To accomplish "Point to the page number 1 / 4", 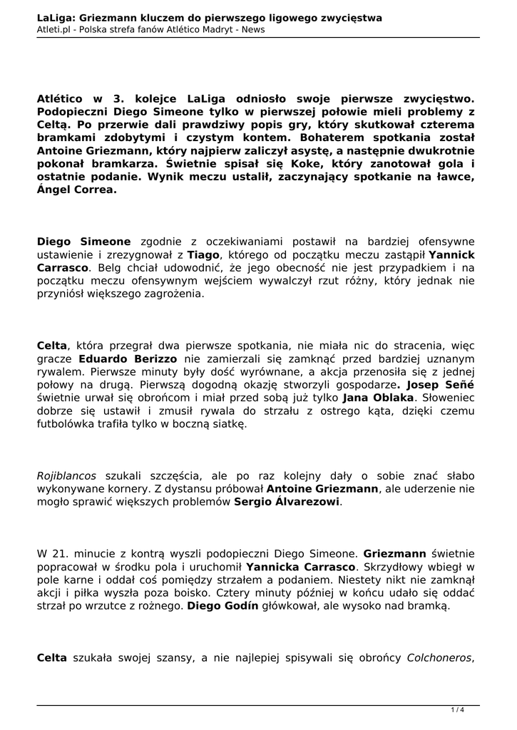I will (457, 709).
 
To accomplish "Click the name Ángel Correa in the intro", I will (76, 190).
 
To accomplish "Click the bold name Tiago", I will (203, 255).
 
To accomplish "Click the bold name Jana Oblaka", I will (378, 397).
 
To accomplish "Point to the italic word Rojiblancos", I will (66, 475).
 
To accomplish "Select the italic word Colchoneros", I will (439, 658).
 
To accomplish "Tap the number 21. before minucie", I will (62, 553).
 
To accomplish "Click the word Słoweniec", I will (448, 397).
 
